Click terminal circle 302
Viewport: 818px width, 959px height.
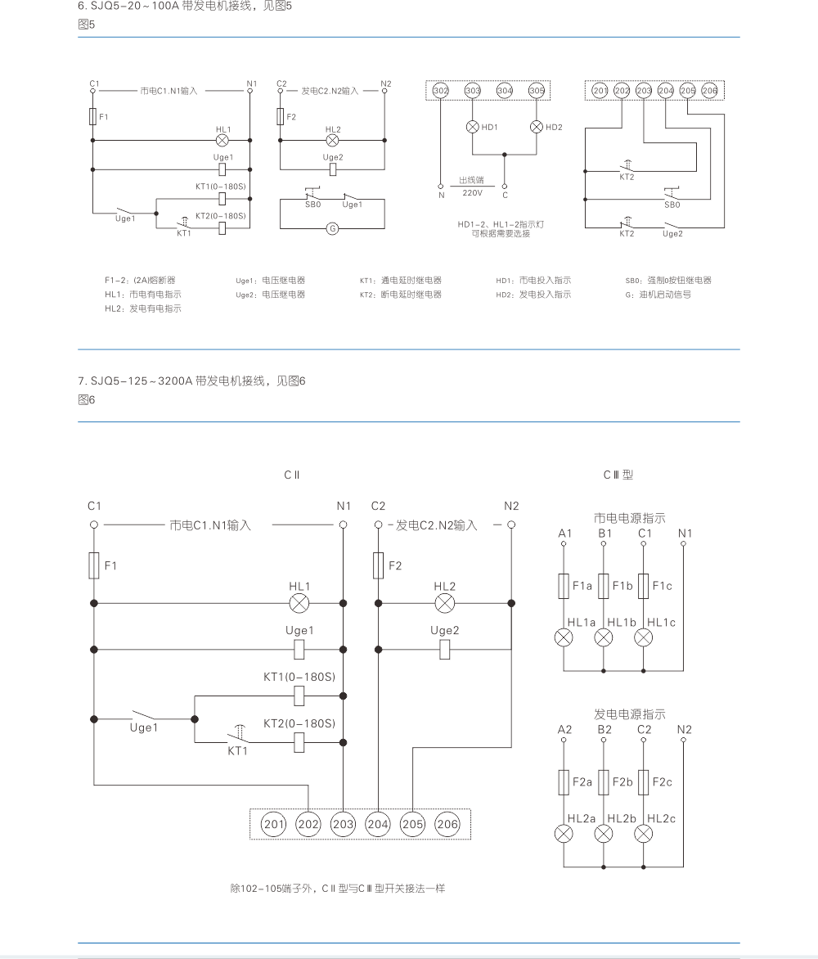click(x=440, y=90)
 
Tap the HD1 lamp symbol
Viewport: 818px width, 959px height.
click(x=472, y=127)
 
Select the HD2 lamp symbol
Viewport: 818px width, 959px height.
click(x=537, y=127)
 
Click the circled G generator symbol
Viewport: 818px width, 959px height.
click(x=333, y=228)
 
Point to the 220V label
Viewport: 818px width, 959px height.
click(x=473, y=192)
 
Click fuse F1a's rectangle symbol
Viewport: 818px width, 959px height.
click(x=564, y=587)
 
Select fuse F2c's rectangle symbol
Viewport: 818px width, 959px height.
click(x=644, y=782)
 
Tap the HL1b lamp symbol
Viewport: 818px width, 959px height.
click(x=604, y=638)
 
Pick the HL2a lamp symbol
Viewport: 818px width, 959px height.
click(x=564, y=835)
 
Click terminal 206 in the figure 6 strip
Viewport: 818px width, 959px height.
click(x=447, y=824)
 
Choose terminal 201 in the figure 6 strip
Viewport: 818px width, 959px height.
click(x=273, y=824)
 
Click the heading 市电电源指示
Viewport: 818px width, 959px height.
click(x=629, y=518)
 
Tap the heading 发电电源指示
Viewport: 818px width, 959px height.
click(x=629, y=714)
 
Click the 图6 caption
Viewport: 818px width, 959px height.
click(x=87, y=400)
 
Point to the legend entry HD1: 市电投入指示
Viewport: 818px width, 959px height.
click(x=533, y=281)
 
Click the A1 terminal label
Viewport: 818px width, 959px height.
click(x=564, y=534)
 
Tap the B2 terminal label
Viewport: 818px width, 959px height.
click(x=604, y=730)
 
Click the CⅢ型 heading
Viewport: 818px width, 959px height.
click(x=618, y=475)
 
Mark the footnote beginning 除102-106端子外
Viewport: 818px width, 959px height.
click(x=338, y=889)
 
